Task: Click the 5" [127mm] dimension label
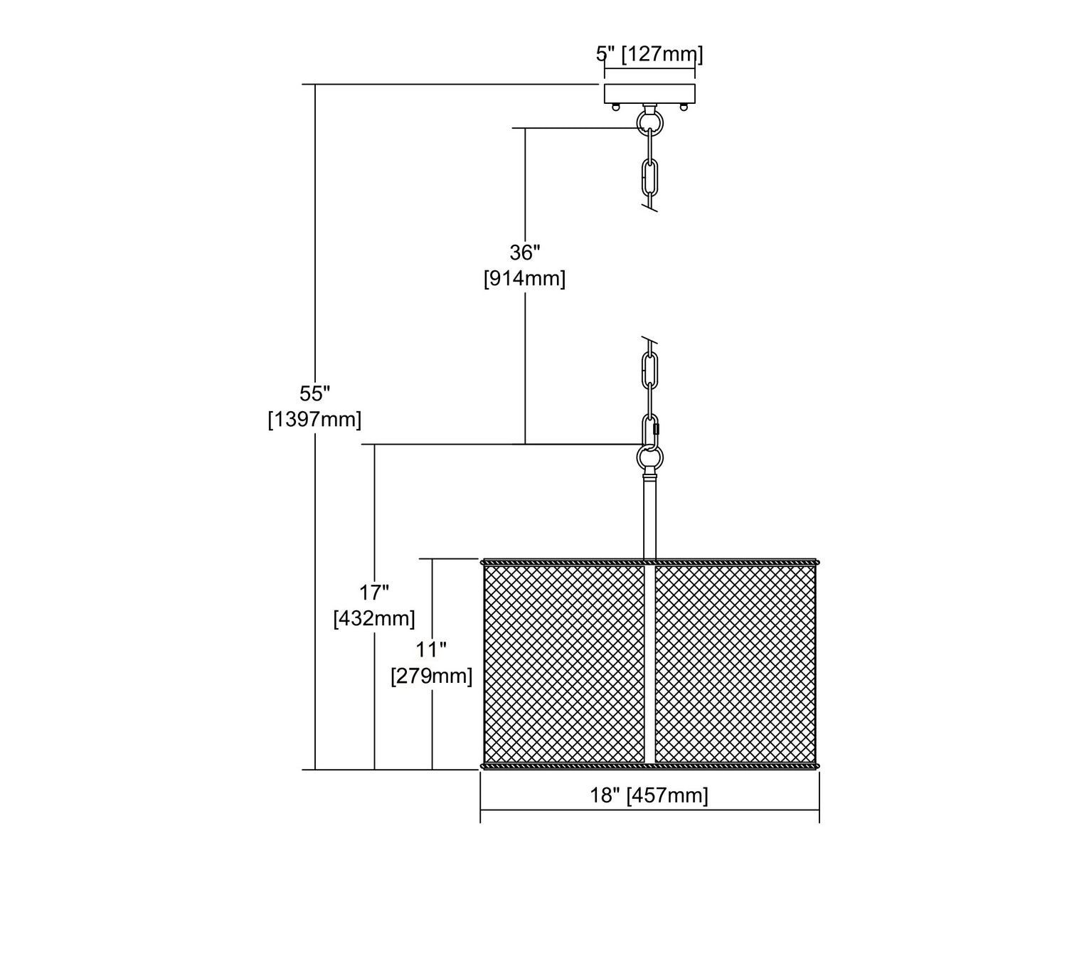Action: coord(649,54)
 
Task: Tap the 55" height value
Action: coord(314,393)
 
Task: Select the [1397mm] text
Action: coord(314,420)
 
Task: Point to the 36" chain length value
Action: coord(524,253)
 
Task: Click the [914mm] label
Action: coord(524,279)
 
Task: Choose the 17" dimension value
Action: coord(373,592)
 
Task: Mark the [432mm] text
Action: coord(374,618)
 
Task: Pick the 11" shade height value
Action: coord(430,649)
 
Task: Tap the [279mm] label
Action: coord(431,676)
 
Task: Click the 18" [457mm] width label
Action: coord(649,795)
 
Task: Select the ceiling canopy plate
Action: coord(649,94)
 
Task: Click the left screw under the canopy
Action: coord(616,107)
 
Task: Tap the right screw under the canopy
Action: coord(683,107)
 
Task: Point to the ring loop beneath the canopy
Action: coord(650,123)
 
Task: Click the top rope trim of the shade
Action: coord(649,562)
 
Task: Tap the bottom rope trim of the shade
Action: coord(649,766)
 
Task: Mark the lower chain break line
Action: coord(649,340)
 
